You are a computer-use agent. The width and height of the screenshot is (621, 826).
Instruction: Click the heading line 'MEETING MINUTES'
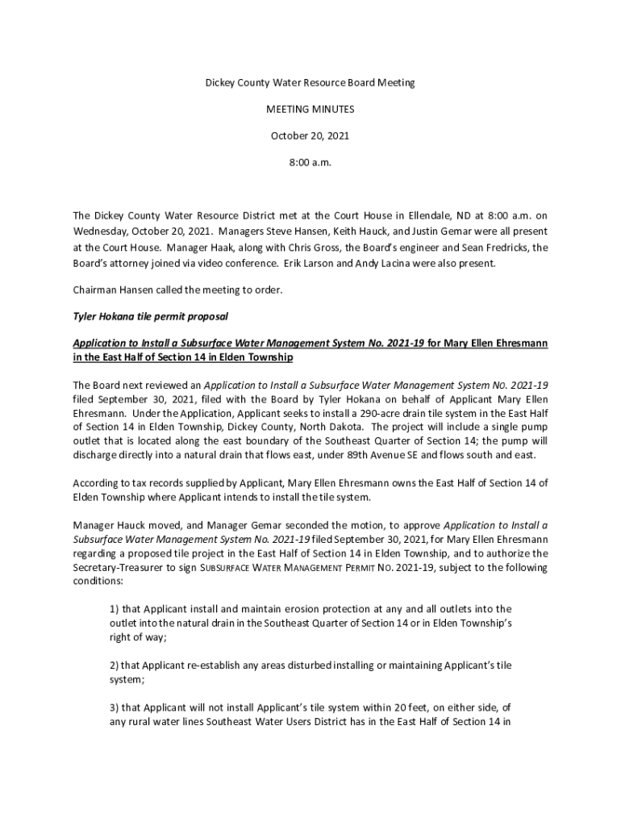[310, 109]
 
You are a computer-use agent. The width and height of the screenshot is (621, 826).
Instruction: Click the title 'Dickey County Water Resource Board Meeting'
[310, 83]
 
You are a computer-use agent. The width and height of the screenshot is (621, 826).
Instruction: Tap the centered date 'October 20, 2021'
[310, 136]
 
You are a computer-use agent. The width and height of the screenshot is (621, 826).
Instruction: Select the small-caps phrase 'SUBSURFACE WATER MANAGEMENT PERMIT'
[285, 567]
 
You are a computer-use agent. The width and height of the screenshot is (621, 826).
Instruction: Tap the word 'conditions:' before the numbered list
[98, 581]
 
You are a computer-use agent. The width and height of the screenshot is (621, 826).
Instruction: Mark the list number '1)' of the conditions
[114, 608]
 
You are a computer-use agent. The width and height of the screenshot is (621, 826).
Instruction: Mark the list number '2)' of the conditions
[114, 665]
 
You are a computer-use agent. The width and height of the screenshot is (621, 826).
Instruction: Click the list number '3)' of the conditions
[114, 707]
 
